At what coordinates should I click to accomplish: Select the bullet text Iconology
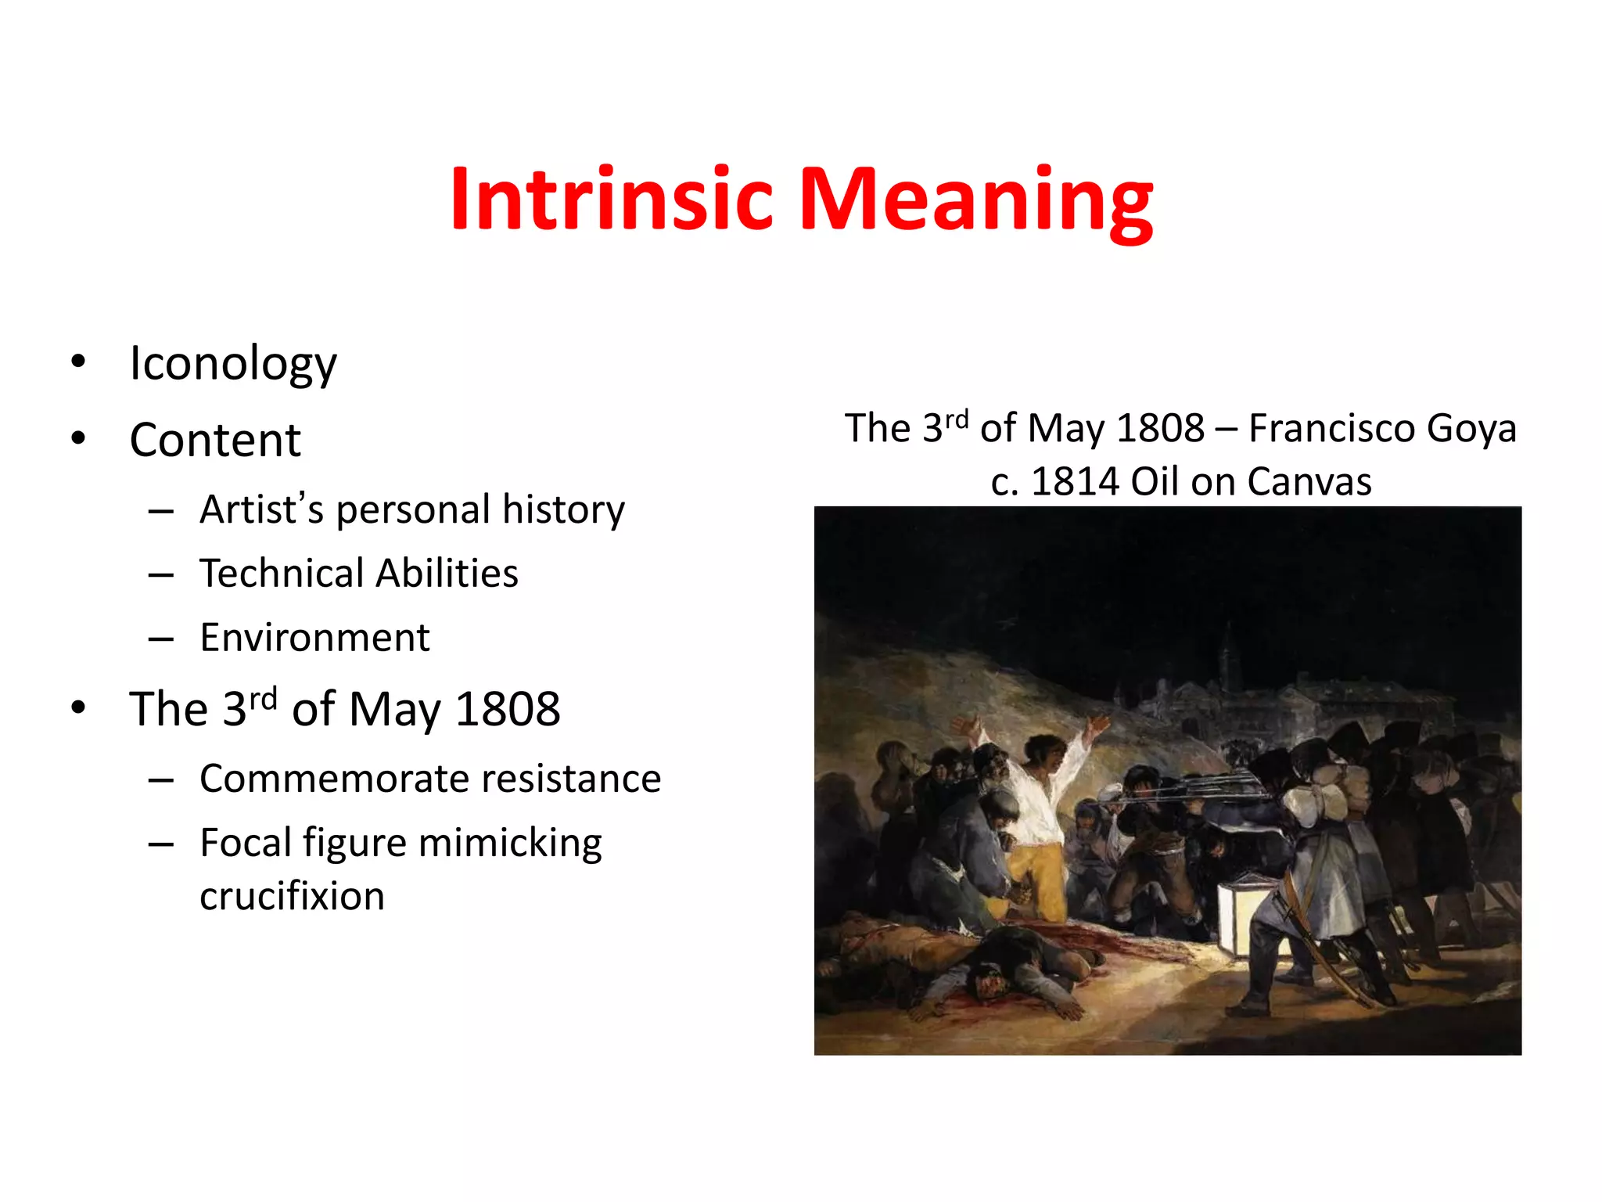(233, 364)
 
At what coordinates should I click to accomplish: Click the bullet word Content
(215, 440)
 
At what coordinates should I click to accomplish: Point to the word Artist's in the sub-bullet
(261, 509)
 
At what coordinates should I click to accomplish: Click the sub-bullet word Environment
(314, 638)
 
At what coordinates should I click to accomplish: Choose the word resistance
(571, 779)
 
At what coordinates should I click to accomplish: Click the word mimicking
(510, 844)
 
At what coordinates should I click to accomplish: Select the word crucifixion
(292, 897)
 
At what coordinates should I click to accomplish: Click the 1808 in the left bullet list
(508, 710)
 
